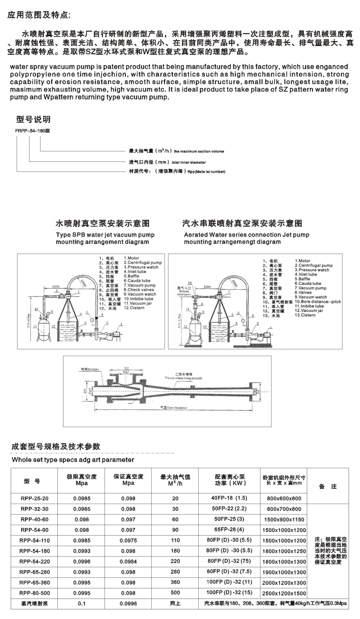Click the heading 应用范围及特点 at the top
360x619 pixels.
[39, 16]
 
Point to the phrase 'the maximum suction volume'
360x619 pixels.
[199, 151]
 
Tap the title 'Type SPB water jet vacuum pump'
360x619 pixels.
[105, 235]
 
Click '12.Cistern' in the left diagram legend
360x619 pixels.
[134, 308]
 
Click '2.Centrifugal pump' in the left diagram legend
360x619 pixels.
[142, 263]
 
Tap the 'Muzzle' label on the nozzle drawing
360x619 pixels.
[90, 369]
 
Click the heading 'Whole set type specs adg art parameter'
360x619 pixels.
[73, 460]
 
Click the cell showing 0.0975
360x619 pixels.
[128, 541]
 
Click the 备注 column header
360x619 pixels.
[328, 487]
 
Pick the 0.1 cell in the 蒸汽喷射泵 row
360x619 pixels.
[81, 604]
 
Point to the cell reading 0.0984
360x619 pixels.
[128, 562]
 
